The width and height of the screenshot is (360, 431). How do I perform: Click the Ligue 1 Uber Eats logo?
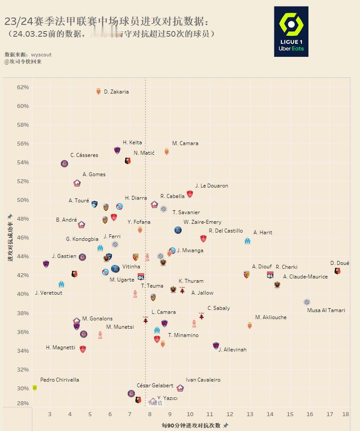point(291,31)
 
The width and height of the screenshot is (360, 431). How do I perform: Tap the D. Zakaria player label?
point(116,92)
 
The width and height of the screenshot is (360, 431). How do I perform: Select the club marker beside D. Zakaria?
point(98,91)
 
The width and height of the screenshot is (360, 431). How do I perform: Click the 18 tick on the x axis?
point(346,414)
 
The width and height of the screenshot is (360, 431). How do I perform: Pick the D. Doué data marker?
point(337,271)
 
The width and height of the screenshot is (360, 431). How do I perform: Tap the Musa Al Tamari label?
point(326,310)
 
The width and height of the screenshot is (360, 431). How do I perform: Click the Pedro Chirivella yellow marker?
point(35,388)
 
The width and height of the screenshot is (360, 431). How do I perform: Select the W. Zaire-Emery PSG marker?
point(178,230)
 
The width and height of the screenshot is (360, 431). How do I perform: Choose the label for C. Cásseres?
point(84,155)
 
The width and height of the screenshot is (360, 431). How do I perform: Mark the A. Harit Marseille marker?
point(247,240)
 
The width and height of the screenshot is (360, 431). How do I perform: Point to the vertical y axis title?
point(10,238)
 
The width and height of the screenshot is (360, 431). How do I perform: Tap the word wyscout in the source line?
point(41,55)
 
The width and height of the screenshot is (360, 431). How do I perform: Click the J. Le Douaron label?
point(211,186)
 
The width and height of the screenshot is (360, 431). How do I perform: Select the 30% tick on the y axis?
point(23,388)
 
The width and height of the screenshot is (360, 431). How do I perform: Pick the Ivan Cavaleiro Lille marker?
point(180,388)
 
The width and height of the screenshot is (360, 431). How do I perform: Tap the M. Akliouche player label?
point(271,317)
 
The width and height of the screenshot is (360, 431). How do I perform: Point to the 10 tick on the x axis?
point(190,414)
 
